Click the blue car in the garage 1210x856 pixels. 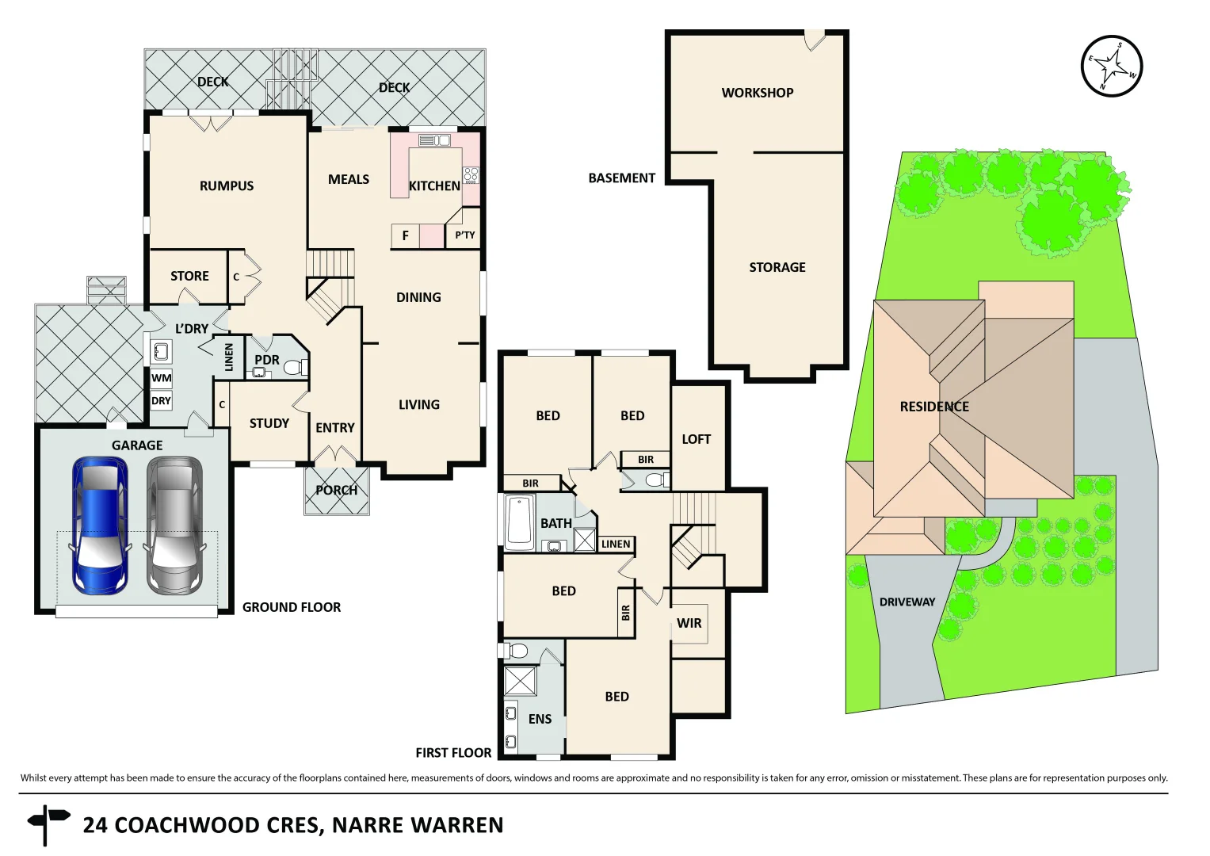pyautogui.click(x=99, y=525)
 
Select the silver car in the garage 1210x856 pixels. pyautogui.click(x=174, y=525)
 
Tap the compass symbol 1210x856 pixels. pyautogui.click(x=1112, y=67)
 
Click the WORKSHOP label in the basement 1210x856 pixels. pyautogui.click(x=757, y=93)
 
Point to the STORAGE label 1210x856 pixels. pyautogui.click(x=777, y=268)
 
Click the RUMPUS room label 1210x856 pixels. pyautogui.click(x=227, y=186)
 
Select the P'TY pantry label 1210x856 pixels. pyautogui.click(x=465, y=235)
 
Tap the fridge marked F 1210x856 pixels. pyautogui.click(x=405, y=236)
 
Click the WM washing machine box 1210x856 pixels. pyautogui.click(x=161, y=378)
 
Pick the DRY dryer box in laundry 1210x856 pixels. pyautogui.click(x=161, y=401)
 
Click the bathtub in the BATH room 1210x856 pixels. pyautogui.click(x=520, y=522)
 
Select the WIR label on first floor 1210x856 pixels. pyautogui.click(x=689, y=623)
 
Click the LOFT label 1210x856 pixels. pyautogui.click(x=696, y=439)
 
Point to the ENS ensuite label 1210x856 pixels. pyautogui.click(x=540, y=719)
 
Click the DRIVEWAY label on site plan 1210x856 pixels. pyautogui.click(x=907, y=602)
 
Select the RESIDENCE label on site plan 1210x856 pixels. pyautogui.click(x=933, y=407)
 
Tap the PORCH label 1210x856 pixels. pyautogui.click(x=336, y=491)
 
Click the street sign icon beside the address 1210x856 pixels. pyautogui.click(x=47, y=824)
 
